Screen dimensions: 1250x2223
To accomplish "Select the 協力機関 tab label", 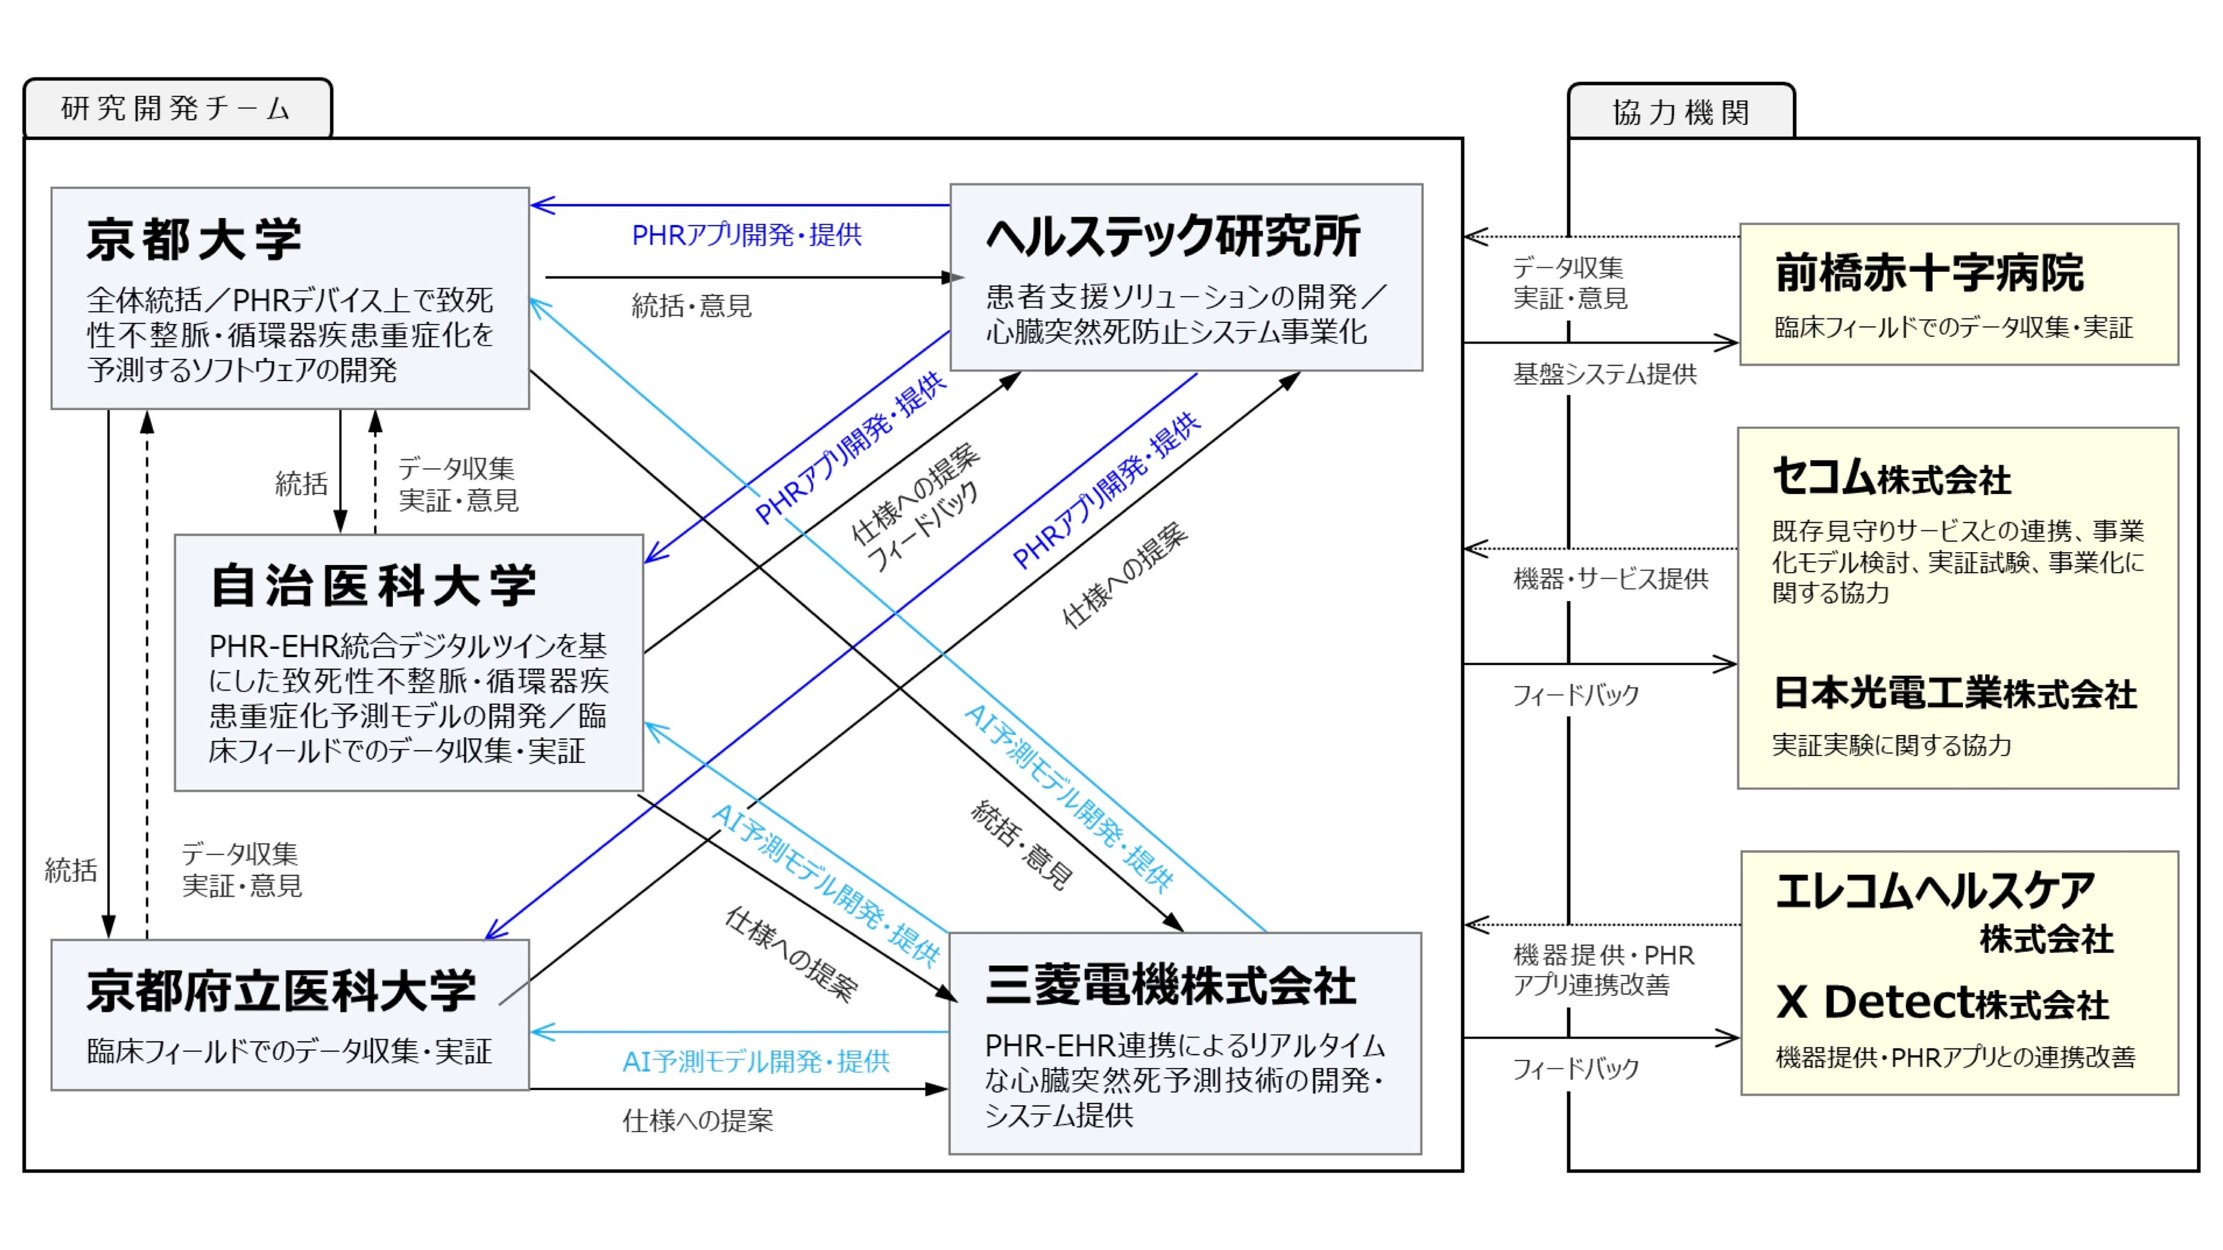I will [x=1680, y=112].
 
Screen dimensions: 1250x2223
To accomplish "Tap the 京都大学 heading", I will [x=194, y=240].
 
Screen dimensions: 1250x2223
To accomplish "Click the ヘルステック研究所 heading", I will [x=1172, y=236].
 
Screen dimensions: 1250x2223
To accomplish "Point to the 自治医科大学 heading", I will [x=374, y=586].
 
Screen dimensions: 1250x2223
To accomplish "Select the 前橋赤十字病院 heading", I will [x=1929, y=272].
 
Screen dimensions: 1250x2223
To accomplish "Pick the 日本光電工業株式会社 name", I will [x=1955, y=693].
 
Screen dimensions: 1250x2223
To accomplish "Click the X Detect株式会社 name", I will [x=1941, y=1002].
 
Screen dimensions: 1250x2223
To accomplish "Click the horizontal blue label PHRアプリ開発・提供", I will [x=747, y=235].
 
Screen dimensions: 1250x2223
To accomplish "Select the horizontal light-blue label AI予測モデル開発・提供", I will [x=755, y=1061].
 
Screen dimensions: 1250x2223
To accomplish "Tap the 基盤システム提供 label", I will [x=1604, y=374].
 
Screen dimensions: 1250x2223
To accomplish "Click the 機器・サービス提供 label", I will [x=1610, y=579].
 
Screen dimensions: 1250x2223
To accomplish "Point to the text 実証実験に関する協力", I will [x=1891, y=745].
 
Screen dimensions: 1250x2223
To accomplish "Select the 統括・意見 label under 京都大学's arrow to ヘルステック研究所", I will [x=691, y=305].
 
